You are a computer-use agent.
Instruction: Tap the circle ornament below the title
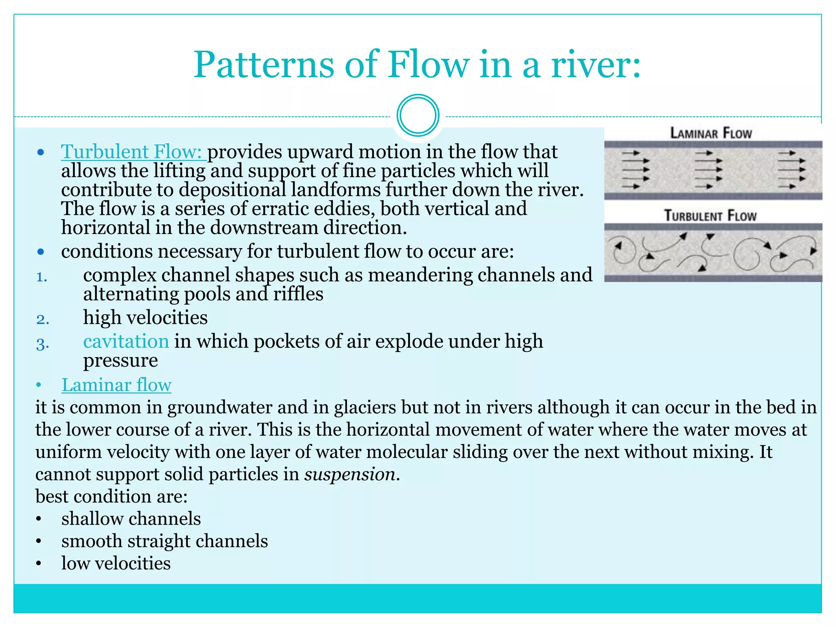pos(418,116)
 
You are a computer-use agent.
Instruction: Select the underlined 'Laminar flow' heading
pos(116,385)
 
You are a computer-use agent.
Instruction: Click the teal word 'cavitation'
pos(126,341)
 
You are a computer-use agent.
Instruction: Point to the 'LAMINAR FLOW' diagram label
pos(711,133)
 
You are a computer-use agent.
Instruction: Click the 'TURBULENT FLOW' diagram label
pos(710,216)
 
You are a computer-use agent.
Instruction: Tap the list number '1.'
pos(42,277)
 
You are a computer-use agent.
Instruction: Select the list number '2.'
pos(42,319)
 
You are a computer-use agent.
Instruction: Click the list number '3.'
pos(42,344)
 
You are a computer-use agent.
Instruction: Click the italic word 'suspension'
pos(350,474)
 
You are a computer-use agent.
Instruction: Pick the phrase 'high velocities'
pos(145,318)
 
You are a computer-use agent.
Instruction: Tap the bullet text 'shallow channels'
pos(131,519)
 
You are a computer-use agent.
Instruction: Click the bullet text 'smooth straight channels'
pos(165,541)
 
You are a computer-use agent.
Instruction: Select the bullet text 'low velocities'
pos(116,563)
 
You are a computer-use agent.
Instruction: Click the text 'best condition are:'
pos(111,496)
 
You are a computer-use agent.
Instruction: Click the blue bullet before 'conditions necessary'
pos(40,252)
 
